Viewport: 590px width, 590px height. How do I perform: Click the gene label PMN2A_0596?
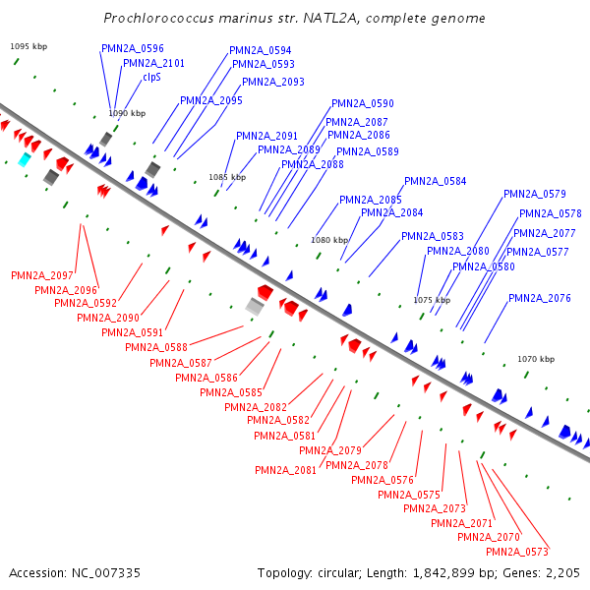pyautogui.click(x=133, y=48)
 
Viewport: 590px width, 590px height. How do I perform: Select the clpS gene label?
pyautogui.click(x=151, y=77)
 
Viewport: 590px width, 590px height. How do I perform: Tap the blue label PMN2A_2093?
pyautogui.click(x=273, y=83)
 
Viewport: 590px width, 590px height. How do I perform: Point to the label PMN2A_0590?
pyautogui.click(x=363, y=103)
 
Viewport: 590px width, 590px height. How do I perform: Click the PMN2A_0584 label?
pyautogui.click(x=436, y=181)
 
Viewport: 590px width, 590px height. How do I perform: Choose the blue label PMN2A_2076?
pyautogui.click(x=540, y=298)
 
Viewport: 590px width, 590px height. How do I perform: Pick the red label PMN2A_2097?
pyautogui.click(x=42, y=275)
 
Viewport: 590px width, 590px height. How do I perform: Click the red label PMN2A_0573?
pyautogui.click(x=516, y=552)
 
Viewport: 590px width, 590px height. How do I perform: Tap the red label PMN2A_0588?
pyautogui.click(x=156, y=347)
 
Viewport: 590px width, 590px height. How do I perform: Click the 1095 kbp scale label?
pyautogui.click(x=27, y=46)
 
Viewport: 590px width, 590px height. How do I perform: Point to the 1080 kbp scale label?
pyautogui.click(x=329, y=240)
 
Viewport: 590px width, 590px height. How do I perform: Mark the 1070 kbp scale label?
pyautogui.click(x=536, y=359)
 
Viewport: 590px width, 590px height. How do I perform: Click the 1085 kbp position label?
pyautogui.click(x=226, y=177)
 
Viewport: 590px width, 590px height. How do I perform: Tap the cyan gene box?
pyautogui.click(x=25, y=159)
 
